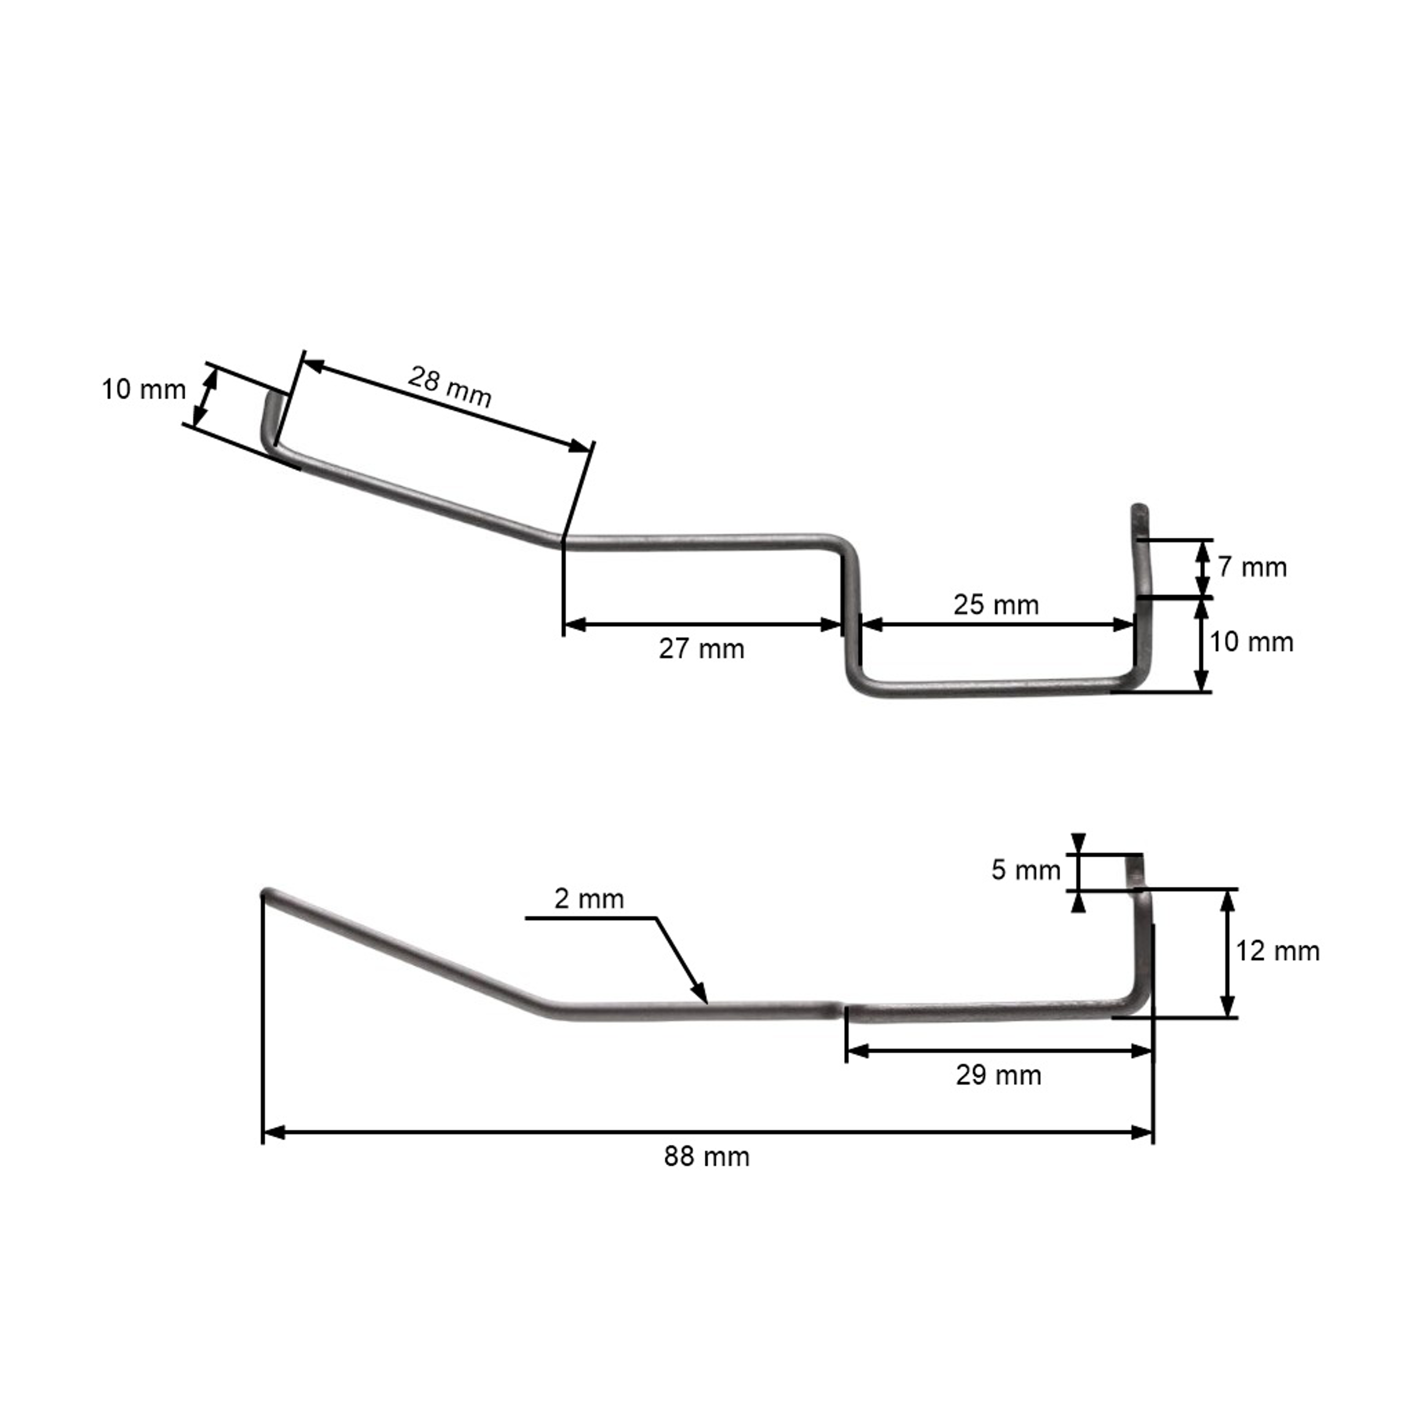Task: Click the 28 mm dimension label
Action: pos(449,386)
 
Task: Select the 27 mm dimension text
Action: pos(701,649)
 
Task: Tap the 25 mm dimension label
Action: pos(995,605)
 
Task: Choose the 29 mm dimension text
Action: pos(999,1075)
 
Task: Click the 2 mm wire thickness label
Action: pos(589,899)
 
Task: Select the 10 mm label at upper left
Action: pos(143,390)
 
